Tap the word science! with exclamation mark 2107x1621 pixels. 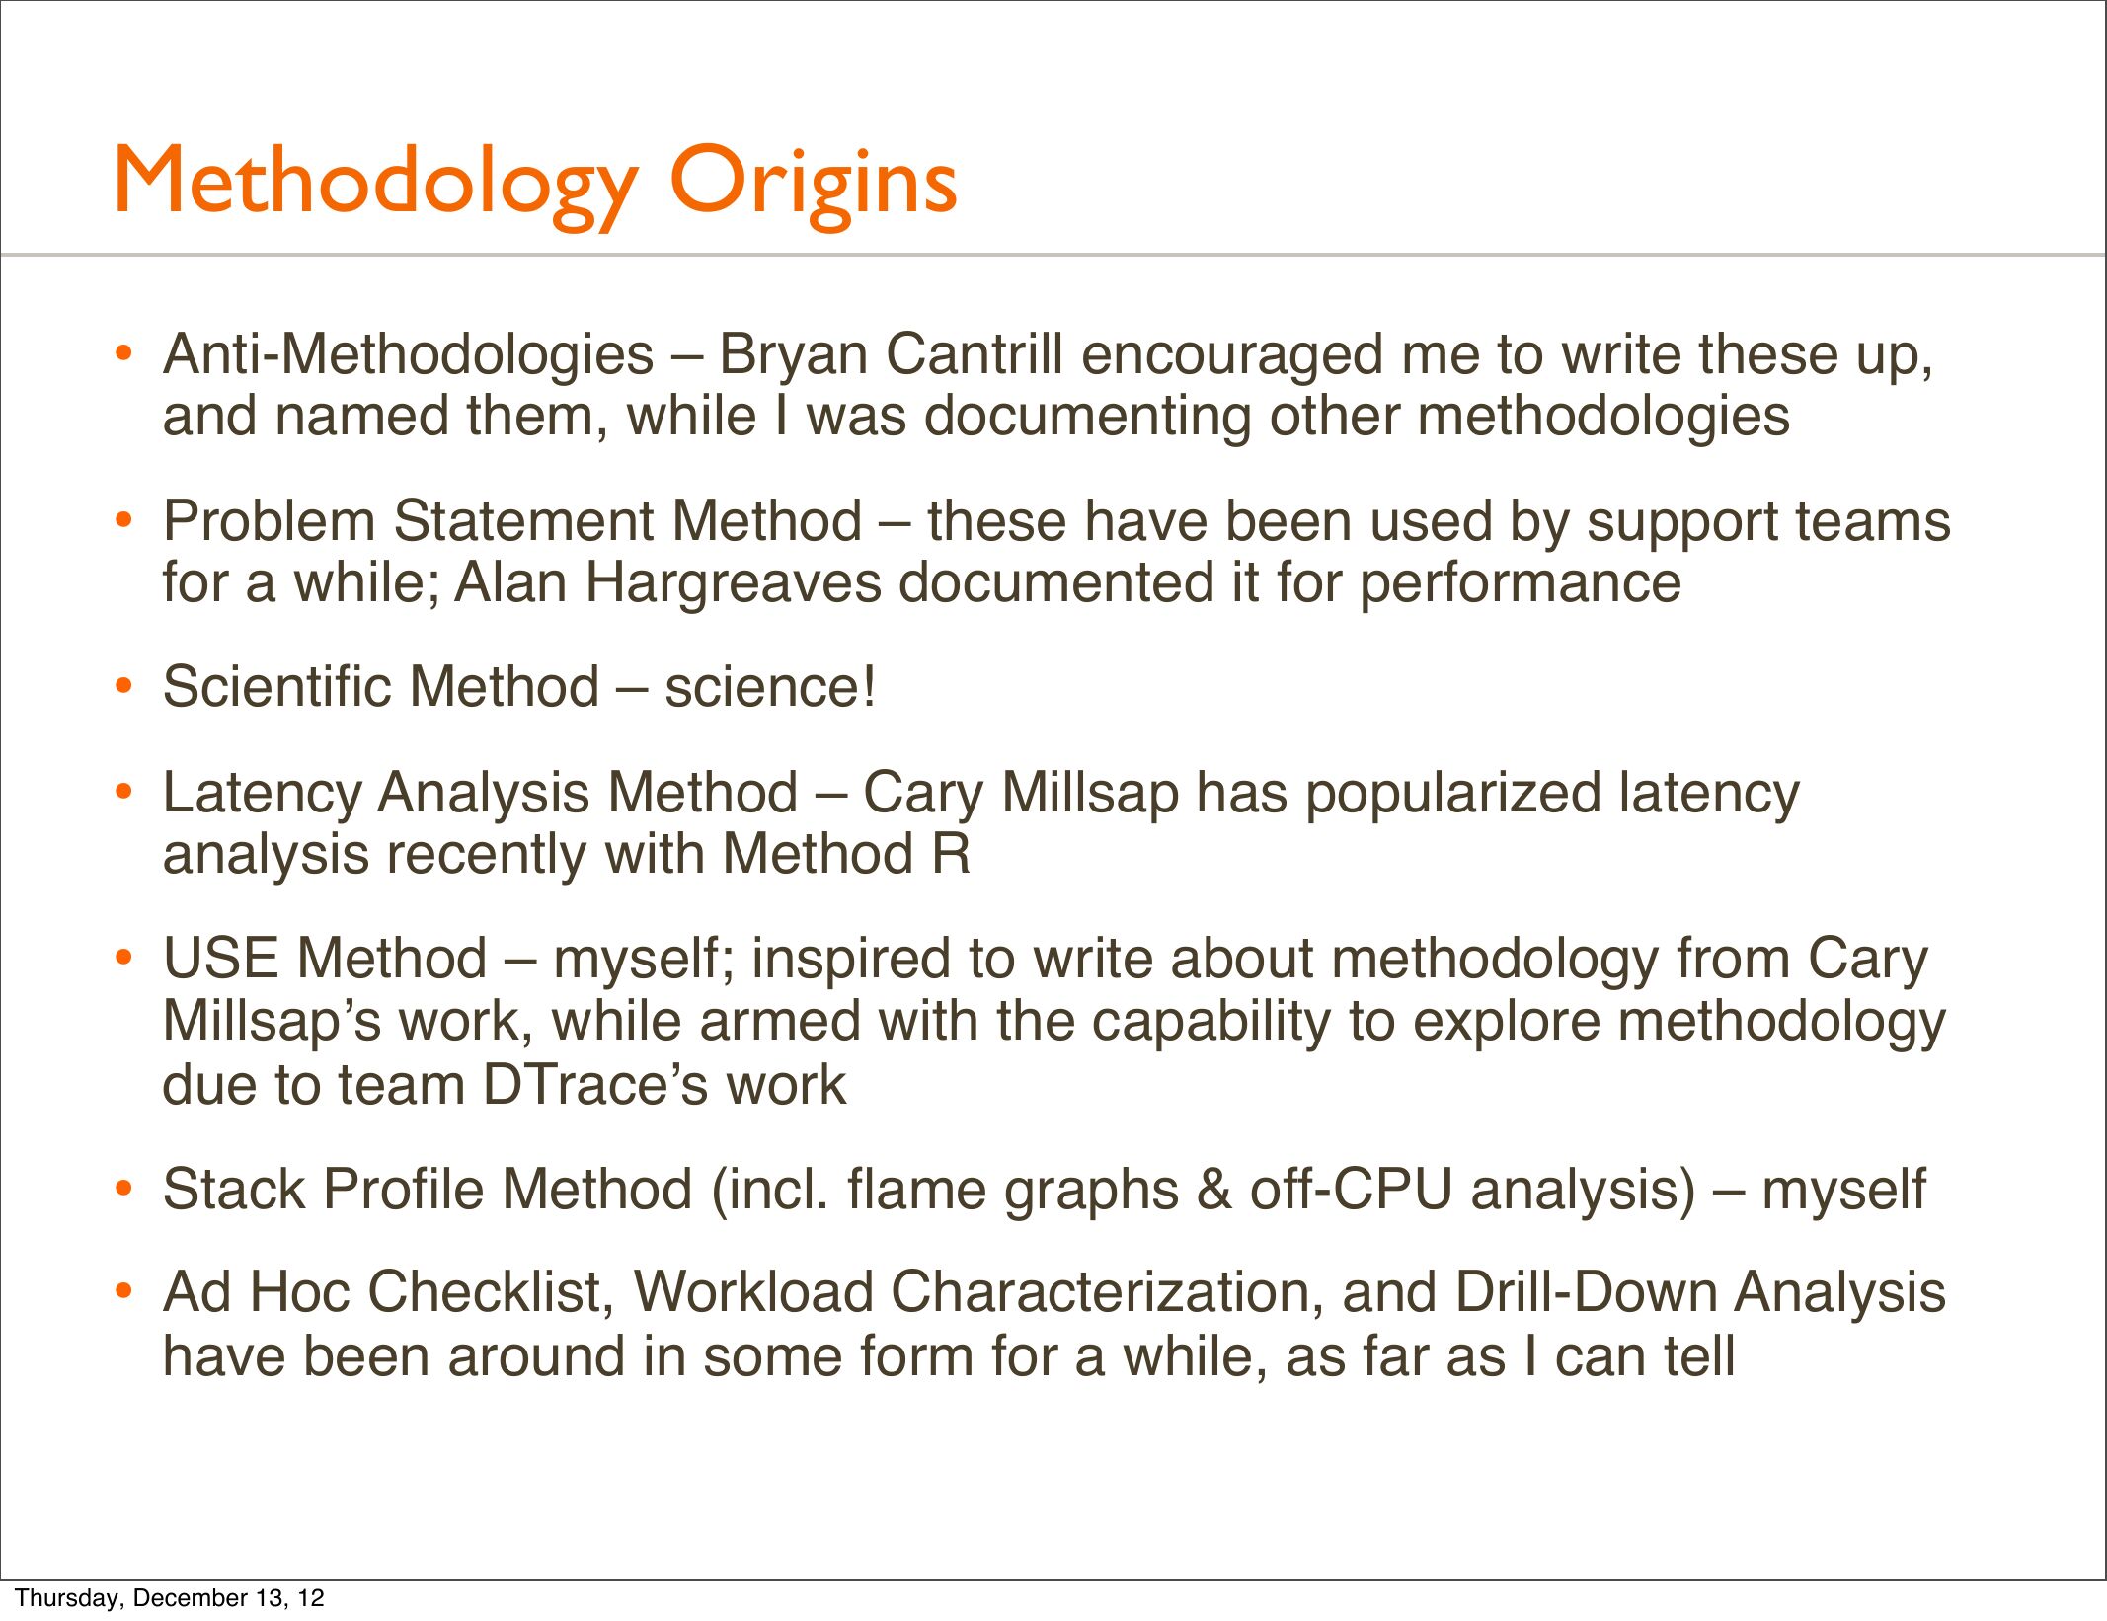coord(770,687)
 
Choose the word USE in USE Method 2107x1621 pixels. coord(221,959)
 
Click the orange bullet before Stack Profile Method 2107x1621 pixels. coord(123,1188)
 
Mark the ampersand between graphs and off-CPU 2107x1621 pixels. coord(1214,1190)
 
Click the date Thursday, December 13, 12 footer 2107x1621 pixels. coord(170,1597)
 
